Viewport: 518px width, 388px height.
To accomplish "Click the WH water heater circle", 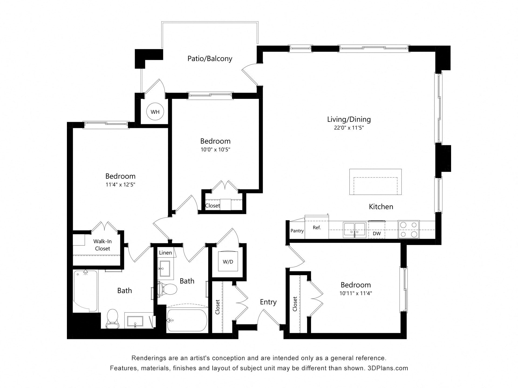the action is click(155, 112).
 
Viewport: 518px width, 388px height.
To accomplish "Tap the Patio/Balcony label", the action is click(210, 59).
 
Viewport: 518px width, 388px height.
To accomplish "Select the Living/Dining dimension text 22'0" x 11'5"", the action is click(349, 128).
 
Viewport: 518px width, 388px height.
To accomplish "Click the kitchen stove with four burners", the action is click(408, 229).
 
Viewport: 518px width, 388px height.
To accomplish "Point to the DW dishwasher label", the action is click(377, 234).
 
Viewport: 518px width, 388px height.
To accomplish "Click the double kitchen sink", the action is click(355, 230).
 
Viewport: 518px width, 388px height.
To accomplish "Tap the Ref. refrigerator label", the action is click(317, 228).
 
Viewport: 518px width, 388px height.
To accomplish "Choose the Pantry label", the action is click(297, 231).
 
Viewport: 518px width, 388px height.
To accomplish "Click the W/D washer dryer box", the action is click(228, 261).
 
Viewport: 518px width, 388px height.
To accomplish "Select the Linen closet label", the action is click(165, 253).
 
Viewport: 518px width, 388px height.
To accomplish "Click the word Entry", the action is click(268, 302).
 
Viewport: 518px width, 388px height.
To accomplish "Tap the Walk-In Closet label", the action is click(103, 245).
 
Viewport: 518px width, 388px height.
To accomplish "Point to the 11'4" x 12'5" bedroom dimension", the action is click(120, 185).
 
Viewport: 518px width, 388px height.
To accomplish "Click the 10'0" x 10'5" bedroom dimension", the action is click(215, 150).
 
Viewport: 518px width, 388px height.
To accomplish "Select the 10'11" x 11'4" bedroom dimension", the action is click(356, 293).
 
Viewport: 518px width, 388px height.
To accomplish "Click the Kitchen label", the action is click(381, 207).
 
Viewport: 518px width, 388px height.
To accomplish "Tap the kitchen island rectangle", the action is click(375, 182).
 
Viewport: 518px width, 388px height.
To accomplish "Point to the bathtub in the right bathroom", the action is click(187, 320).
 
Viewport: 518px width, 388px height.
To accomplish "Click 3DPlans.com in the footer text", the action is click(388, 368).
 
